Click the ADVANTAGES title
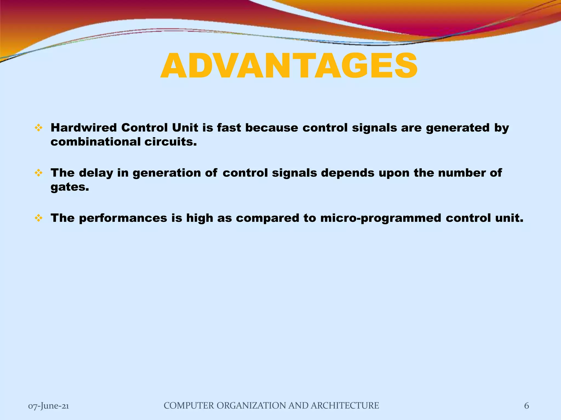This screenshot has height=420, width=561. click(x=289, y=66)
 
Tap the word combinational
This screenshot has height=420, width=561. click(x=95, y=142)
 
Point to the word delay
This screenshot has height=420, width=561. click(x=96, y=173)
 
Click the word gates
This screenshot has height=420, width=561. click(x=70, y=187)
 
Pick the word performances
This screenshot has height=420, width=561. click(x=123, y=218)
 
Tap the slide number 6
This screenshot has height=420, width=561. click(x=526, y=406)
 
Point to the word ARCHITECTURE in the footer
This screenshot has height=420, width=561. click(x=345, y=406)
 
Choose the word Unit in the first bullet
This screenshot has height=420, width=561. click(x=185, y=128)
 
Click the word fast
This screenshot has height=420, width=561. click(x=229, y=128)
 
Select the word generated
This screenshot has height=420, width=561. click(x=457, y=128)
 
